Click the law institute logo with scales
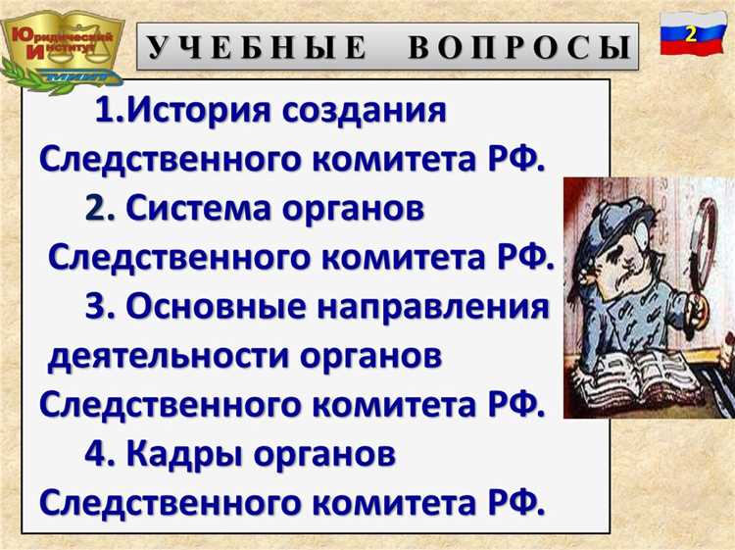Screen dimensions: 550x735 (61, 45)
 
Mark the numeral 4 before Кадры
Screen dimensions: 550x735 (96, 454)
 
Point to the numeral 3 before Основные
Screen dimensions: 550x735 (97, 307)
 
